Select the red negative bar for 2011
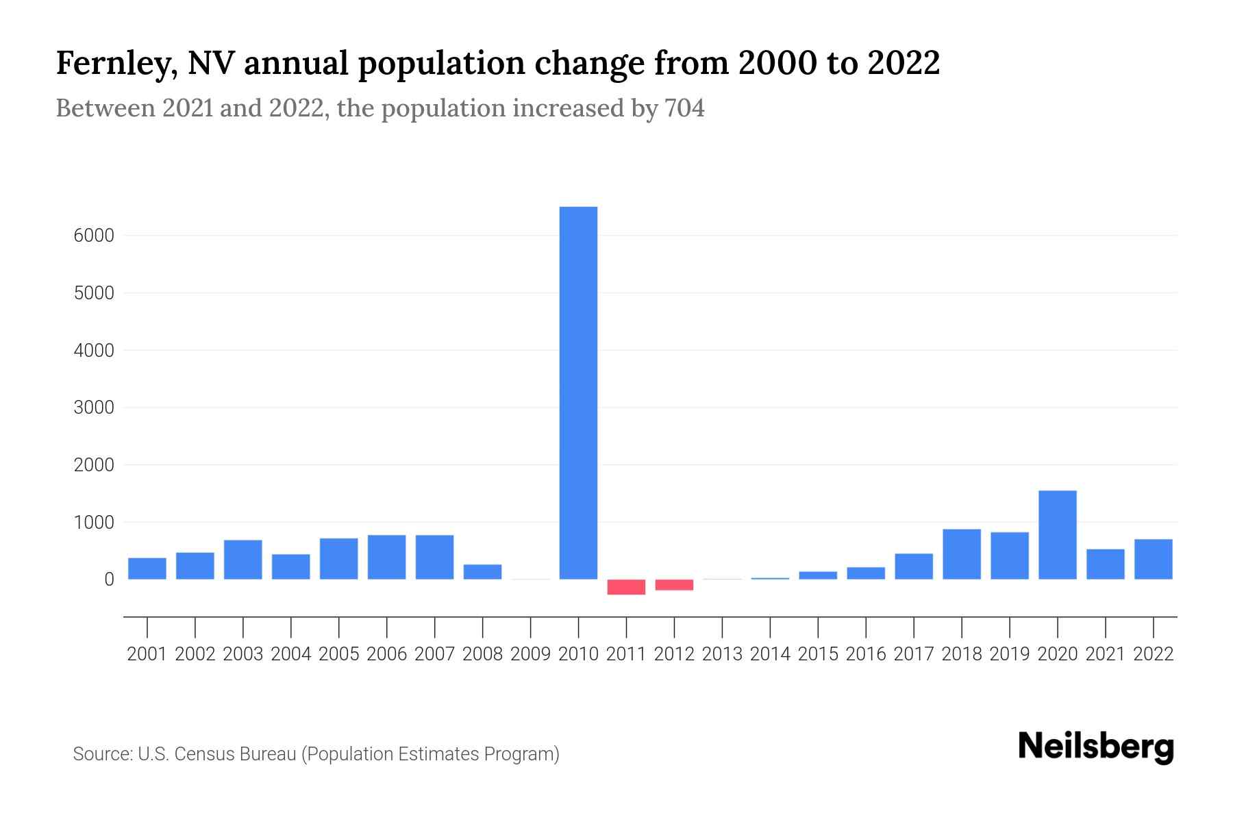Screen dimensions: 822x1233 pos(626,587)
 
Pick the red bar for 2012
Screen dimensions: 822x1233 pos(674,585)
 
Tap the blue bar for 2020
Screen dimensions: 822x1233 pos(1057,535)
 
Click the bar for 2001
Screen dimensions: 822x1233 pos(147,569)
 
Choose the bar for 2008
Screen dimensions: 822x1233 pos(482,572)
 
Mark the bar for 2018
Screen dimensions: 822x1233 pos(962,554)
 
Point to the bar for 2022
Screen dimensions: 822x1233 pos(1153,559)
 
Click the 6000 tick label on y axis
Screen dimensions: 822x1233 pos(93,236)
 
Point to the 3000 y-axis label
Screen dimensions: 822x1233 pos(93,408)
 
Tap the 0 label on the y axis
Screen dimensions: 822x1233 pos(109,580)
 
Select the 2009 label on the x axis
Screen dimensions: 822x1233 pos(530,654)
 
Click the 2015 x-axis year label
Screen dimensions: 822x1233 pos(818,654)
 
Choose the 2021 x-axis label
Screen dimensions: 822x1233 pos(1105,654)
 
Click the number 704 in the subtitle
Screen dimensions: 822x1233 pos(684,108)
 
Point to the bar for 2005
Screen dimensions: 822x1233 pos(338,558)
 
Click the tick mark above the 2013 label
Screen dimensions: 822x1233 pos(722,627)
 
